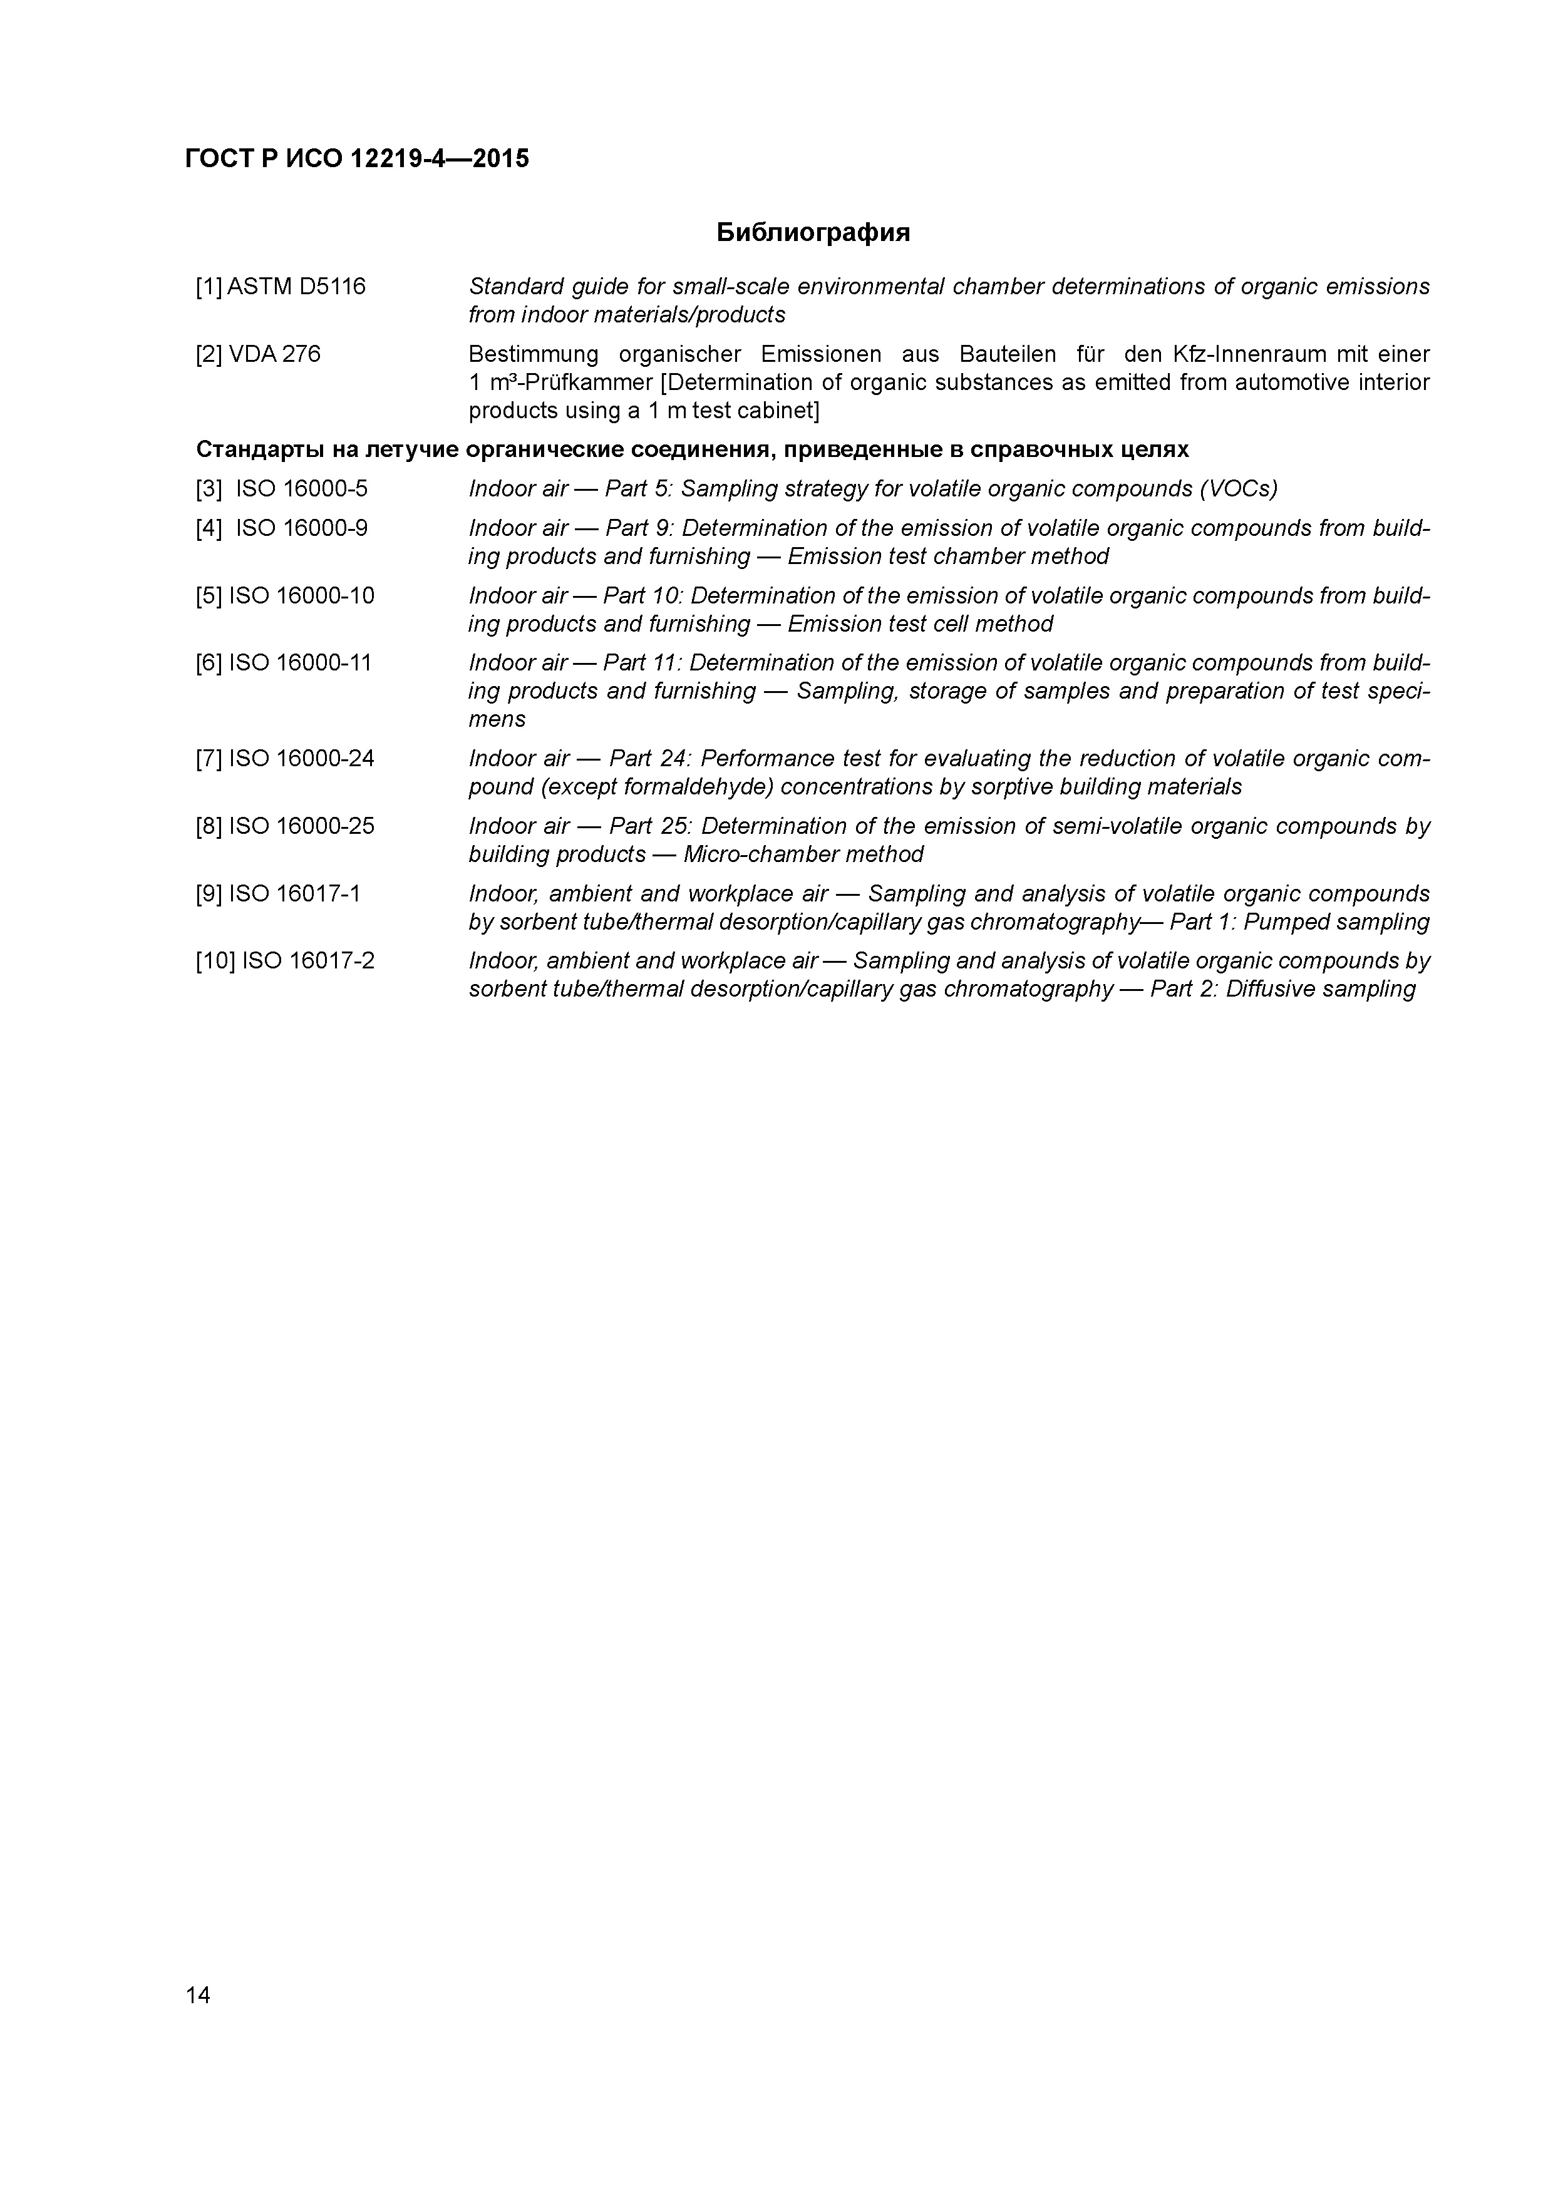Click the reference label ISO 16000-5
point(301,490)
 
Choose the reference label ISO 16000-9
point(301,529)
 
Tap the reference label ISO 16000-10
point(301,596)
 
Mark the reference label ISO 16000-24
point(301,759)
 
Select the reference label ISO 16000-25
point(301,826)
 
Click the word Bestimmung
point(533,355)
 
